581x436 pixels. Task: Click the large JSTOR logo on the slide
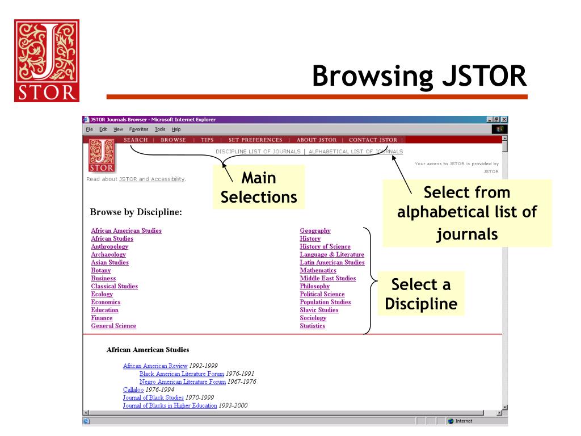pyautogui.click(x=47, y=60)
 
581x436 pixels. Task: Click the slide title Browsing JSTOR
pyautogui.click(x=419, y=76)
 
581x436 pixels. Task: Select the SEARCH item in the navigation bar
pyautogui.click(x=136, y=140)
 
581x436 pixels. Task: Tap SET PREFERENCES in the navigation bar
pyautogui.click(x=255, y=140)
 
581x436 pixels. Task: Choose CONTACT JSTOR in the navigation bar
pyautogui.click(x=373, y=140)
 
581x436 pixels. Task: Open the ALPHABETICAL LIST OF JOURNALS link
pyautogui.click(x=356, y=152)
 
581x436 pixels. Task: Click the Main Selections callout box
pyautogui.click(x=259, y=187)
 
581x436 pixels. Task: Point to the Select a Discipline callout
pyautogui.click(x=421, y=294)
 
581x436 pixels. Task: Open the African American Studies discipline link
pyautogui.click(x=126, y=231)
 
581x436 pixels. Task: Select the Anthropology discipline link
pyautogui.click(x=110, y=247)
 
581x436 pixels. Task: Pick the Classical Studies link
pyautogui.click(x=114, y=286)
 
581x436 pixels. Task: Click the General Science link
pyautogui.click(x=113, y=326)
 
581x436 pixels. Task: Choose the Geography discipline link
pyautogui.click(x=315, y=231)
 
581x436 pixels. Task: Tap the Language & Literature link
pyautogui.click(x=332, y=255)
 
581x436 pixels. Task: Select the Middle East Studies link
pyautogui.click(x=327, y=278)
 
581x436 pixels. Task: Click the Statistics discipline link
pyautogui.click(x=312, y=326)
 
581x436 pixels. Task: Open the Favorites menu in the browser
pyautogui.click(x=138, y=129)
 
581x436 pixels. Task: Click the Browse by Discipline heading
pyautogui.click(x=136, y=212)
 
